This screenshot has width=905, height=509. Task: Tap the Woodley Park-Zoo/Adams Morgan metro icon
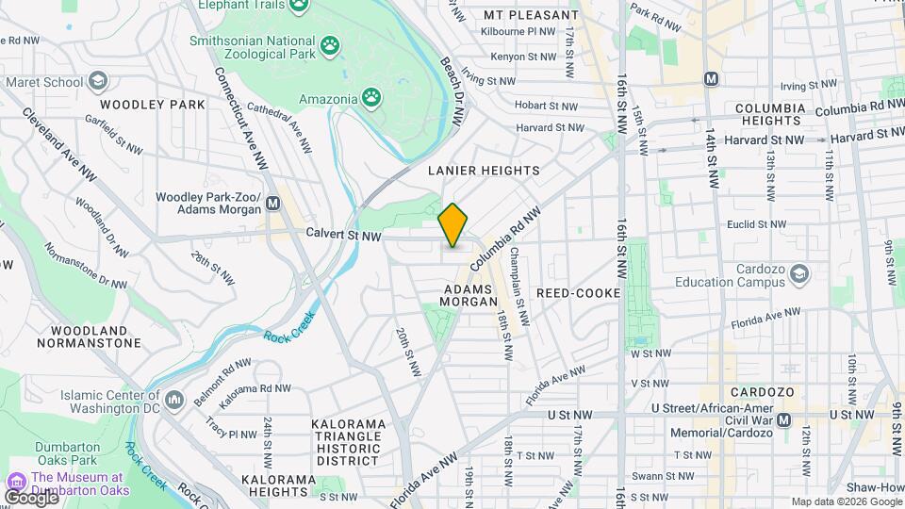(273, 203)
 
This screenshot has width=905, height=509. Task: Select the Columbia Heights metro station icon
(711, 78)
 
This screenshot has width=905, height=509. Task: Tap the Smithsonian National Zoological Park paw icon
(330, 44)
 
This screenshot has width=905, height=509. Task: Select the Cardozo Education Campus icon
(800, 273)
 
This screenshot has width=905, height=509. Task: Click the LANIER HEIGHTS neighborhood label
(484, 171)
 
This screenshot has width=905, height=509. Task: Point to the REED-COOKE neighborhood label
(578, 293)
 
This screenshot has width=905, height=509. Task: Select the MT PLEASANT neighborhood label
(531, 15)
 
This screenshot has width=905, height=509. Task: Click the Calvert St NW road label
(343, 234)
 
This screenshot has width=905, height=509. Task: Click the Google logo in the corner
(31, 497)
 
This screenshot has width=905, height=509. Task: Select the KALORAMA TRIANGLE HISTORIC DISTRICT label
(348, 442)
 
